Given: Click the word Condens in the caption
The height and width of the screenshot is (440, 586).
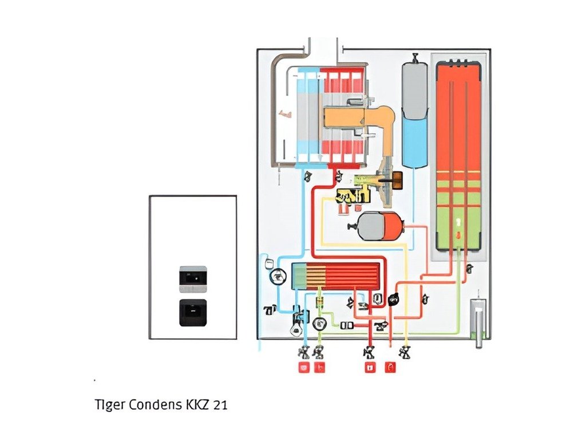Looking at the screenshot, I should pos(153,404).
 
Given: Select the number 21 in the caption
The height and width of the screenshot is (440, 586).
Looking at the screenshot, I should pos(219,404).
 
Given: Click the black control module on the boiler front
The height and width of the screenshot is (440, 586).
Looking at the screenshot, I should pos(193,312).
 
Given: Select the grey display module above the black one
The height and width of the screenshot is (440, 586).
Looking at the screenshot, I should pos(193,277).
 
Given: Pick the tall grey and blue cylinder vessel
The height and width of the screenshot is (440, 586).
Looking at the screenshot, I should pos(415,115).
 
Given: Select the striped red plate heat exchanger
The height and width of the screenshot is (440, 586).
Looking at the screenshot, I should pos(336,276).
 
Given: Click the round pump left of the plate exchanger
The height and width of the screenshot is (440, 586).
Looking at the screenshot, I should pos(277,276).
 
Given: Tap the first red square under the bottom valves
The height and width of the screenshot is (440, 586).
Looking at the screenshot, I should pos(303,368).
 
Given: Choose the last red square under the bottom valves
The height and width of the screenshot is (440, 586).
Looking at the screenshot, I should pos(391,368).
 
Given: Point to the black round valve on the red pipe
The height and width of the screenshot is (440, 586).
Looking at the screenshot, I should pos(394,298).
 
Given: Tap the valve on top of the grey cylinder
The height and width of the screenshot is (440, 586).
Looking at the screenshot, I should pos(415,56).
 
